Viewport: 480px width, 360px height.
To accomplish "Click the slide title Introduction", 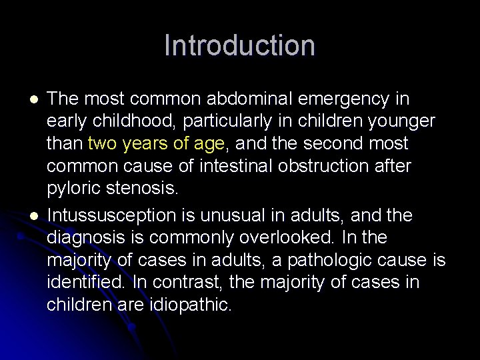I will pyautogui.click(x=239, y=46).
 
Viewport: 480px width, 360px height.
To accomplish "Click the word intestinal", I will pyautogui.click(x=235, y=165).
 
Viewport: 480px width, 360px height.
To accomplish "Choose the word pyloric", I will pyautogui.click(x=74, y=188).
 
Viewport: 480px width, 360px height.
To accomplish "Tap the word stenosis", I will pyautogui.click(x=142, y=188).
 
